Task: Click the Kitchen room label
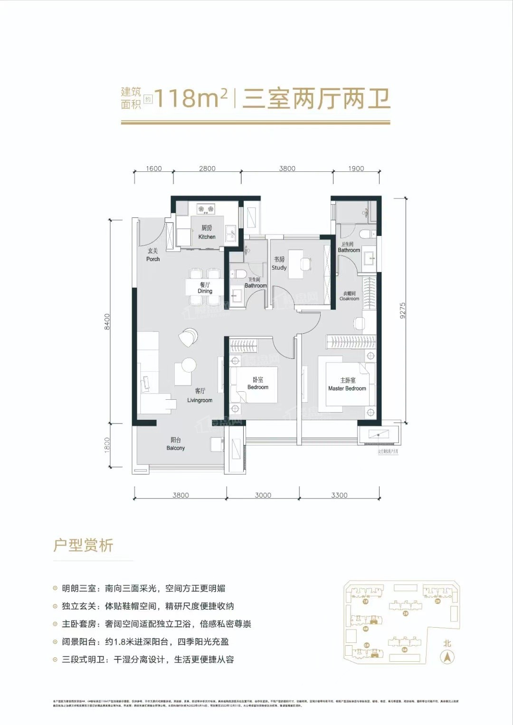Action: pos(207,232)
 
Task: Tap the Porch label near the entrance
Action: pos(153,255)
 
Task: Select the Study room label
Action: pos(279,264)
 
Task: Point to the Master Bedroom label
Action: pos(347,385)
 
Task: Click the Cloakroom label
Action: pos(349,296)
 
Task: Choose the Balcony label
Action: pos(176,444)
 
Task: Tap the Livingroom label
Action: pos(200,395)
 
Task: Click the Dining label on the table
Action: pos(205,288)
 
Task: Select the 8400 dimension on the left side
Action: pos(107,321)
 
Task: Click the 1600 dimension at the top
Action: pos(154,169)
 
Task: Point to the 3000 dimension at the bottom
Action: pos(263,495)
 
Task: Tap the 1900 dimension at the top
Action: pos(356,169)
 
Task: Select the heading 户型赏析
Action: pos(83,545)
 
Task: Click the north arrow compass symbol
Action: pos(447,657)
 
